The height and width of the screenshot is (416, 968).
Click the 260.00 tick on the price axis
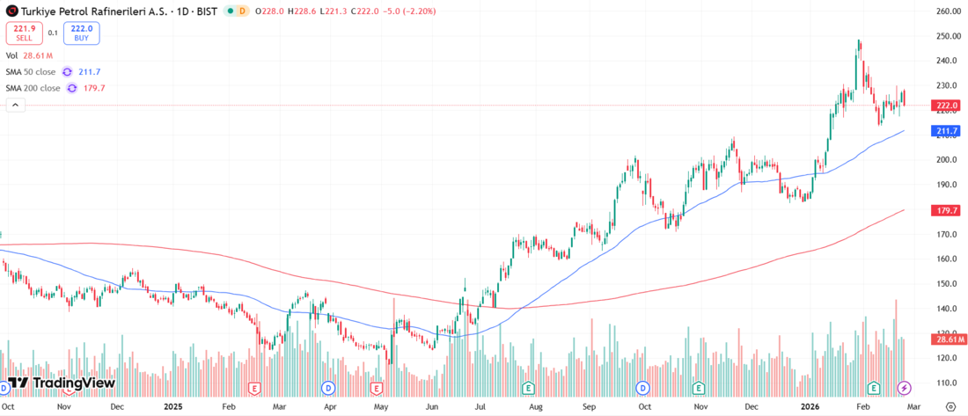[948, 11]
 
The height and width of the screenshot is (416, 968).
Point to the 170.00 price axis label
[948, 235]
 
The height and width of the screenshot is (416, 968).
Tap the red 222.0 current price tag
[948, 106]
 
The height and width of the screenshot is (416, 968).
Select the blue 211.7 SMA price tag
[948, 132]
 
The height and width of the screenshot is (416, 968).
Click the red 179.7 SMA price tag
[948, 211]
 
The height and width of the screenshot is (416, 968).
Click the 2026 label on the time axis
[811, 407]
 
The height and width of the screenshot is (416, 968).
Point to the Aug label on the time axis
[534, 407]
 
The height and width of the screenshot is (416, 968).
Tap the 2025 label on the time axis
[172, 407]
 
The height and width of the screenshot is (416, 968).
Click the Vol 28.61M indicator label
[30, 55]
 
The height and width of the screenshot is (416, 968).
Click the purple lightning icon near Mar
[904, 388]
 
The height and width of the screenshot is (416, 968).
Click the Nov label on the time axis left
[64, 407]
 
